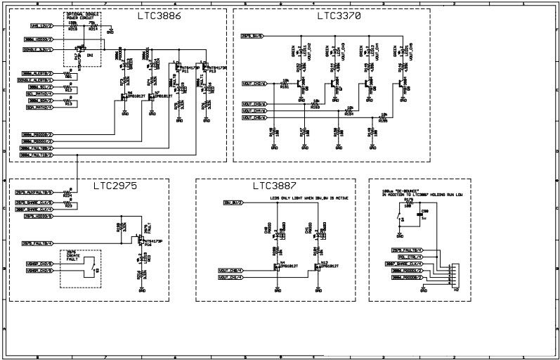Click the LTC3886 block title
[x=158, y=15]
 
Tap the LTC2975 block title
[x=115, y=186]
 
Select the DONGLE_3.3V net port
[x=39, y=50]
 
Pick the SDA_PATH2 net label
[x=39, y=108]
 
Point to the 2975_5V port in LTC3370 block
[x=252, y=35]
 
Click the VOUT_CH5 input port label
[x=254, y=117]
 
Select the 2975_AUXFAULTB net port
[x=34, y=192]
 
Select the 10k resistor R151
[x=285, y=84]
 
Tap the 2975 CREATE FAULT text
[x=71, y=256]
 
